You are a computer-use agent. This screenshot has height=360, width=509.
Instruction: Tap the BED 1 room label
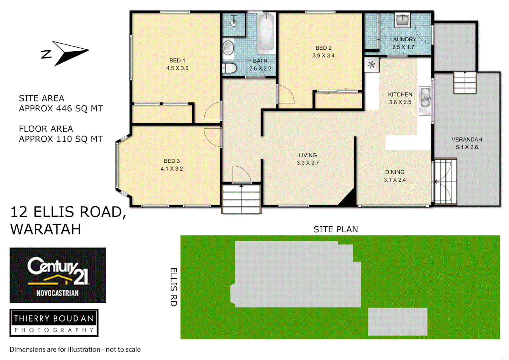(x=177, y=61)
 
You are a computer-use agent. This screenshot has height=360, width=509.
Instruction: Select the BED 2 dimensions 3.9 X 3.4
(x=323, y=56)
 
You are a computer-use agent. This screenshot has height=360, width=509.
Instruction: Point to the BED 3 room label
(x=172, y=161)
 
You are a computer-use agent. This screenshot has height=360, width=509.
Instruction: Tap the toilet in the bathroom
(x=230, y=68)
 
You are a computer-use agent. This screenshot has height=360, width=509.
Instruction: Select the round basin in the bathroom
(x=228, y=48)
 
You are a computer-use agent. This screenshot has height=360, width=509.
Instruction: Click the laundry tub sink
(x=402, y=20)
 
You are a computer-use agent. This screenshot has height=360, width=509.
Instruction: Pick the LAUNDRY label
(x=403, y=39)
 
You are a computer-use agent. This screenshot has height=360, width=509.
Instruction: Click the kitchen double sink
(x=425, y=98)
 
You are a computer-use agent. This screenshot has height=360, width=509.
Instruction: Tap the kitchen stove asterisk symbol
(x=371, y=65)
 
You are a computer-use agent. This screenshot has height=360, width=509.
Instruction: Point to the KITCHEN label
(x=400, y=95)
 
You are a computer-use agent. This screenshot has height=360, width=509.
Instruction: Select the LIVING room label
(x=307, y=155)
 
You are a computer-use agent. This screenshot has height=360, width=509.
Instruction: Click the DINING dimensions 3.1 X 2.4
(x=395, y=180)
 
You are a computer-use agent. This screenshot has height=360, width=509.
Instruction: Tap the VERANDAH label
(x=467, y=140)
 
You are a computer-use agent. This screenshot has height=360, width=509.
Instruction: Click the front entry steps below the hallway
(x=241, y=199)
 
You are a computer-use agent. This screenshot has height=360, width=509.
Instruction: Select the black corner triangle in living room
(x=348, y=199)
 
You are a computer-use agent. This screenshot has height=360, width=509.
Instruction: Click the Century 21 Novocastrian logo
(x=58, y=275)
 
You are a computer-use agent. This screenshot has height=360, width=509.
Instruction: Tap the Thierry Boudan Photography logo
(x=54, y=323)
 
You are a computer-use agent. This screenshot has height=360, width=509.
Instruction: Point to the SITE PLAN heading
(x=335, y=229)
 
